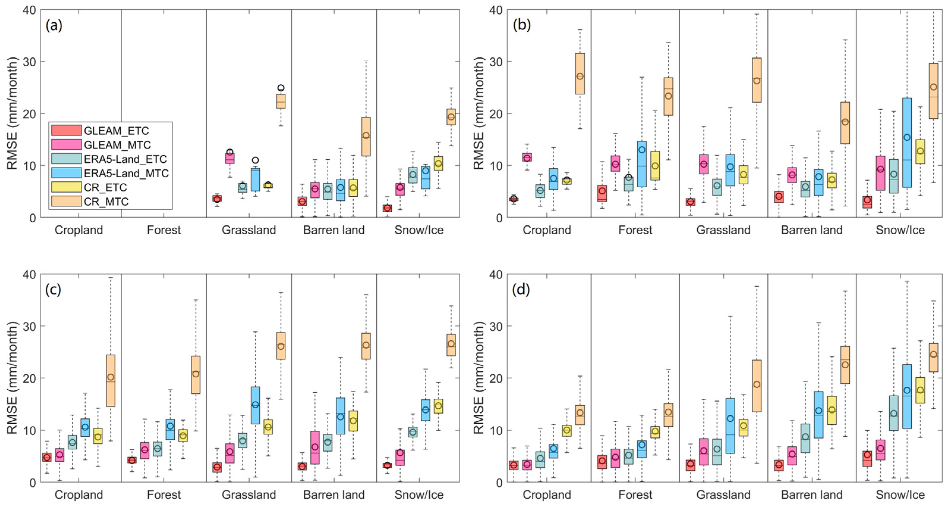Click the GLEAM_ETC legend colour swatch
tap(66, 131)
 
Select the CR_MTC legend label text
tap(106, 202)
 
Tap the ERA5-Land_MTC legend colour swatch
tap(66, 173)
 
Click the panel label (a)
tap(54, 26)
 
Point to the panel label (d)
tap(521, 290)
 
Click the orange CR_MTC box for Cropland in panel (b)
tap(580, 74)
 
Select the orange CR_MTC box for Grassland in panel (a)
tap(281, 101)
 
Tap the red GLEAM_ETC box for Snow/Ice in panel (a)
tap(387, 208)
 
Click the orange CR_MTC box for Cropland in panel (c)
tap(111, 381)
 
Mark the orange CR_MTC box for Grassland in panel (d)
tap(757, 386)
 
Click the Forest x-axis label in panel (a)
tap(164, 230)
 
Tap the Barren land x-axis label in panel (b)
tap(812, 230)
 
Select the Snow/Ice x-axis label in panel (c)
tap(419, 495)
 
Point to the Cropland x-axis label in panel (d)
tap(547, 495)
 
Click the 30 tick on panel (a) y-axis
tap(29, 62)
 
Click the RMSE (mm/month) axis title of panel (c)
tap(12, 378)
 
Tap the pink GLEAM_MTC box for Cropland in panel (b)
tap(527, 157)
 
